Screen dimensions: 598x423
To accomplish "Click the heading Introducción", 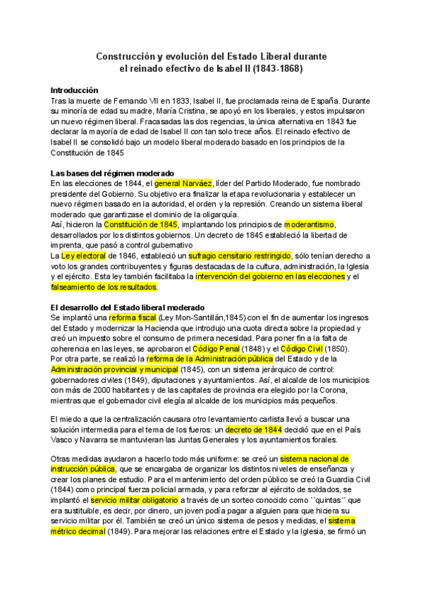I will coord(79,90).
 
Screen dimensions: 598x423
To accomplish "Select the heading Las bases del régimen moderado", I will coord(112,173).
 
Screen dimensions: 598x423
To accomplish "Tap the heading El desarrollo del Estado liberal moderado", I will coord(127,307).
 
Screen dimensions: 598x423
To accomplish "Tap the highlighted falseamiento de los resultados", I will coord(104,287).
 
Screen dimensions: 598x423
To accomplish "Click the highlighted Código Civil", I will coord(302,349).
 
